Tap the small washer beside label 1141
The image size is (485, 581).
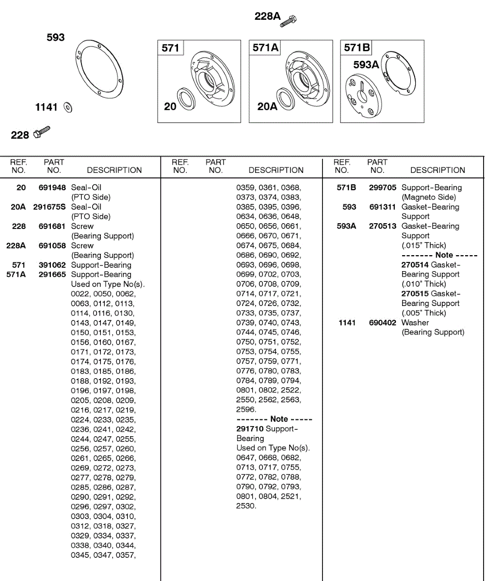(x=68, y=107)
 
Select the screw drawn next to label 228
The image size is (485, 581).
(x=42, y=132)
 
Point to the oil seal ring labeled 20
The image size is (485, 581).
(x=187, y=99)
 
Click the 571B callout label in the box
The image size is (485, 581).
(x=356, y=47)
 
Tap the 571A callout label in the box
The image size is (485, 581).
(x=265, y=47)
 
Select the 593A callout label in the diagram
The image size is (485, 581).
(x=366, y=64)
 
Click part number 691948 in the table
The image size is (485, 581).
(x=52, y=187)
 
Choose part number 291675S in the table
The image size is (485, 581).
(x=49, y=207)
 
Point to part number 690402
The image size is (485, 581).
(x=383, y=322)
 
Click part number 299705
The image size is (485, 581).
(x=383, y=187)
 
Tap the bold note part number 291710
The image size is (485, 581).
(x=250, y=428)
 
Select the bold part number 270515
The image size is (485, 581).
(x=415, y=293)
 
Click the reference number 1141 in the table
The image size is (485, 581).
(x=347, y=322)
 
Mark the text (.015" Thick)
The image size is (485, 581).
(x=423, y=245)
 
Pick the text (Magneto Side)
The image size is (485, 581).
(x=429, y=197)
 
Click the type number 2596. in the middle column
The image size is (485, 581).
(x=246, y=410)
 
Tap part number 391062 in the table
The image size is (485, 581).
(x=52, y=265)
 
